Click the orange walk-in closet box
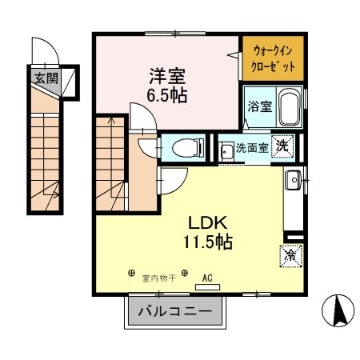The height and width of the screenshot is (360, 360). click(273, 57)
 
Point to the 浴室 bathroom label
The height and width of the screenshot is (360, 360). click(258, 106)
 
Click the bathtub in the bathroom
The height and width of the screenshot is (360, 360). click(288, 109)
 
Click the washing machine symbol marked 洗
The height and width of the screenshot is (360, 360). click(282, 146)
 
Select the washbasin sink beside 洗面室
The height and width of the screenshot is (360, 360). click(226, 149)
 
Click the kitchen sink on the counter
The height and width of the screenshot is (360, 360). click(292, 181)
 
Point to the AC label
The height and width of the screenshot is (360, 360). click(207, 278)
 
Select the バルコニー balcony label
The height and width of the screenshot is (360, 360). click(174, 310)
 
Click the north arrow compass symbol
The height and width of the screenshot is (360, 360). click(337, 310)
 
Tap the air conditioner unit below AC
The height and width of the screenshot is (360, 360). click(207, 286)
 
